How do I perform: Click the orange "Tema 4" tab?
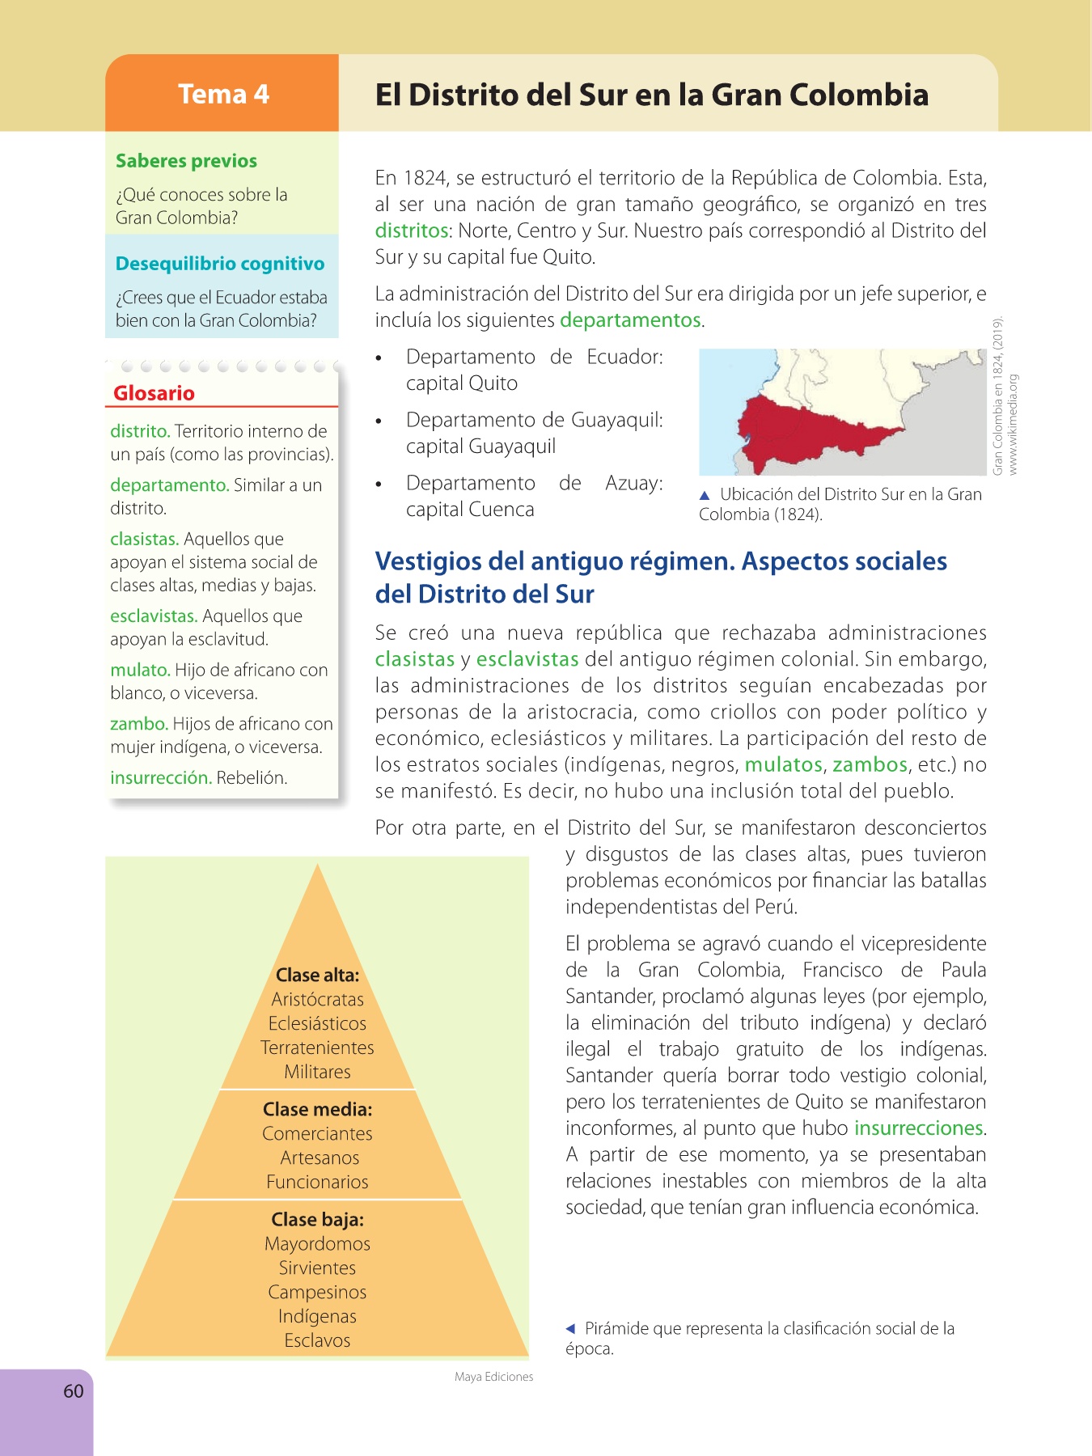click(x=222, y=94)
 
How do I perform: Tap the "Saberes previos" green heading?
click(x=186, y=161)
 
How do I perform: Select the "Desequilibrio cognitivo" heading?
click(x=220, y=264)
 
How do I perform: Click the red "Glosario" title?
click(x=154, y=393)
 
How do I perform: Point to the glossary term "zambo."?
click(x=139, y=724)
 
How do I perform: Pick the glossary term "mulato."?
click(x=140, y=670)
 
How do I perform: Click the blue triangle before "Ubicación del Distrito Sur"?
click(x=705, y=495)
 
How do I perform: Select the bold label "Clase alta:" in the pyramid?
click(x=317, y=976)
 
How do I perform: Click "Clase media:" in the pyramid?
click(x=317, y=1110)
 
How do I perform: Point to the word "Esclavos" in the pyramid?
click(x=317, y=1340)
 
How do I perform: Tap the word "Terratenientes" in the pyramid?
click(x=317, y=1048)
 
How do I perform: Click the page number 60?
click(x=74, y=1391)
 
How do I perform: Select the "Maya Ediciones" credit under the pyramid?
click(x=493, y=1377)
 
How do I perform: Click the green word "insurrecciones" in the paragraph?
click(x=919, y=1128)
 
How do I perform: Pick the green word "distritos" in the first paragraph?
click(x=412, y=231)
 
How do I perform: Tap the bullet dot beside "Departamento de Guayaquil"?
click(x=379, y=421)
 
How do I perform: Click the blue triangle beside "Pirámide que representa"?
click(x=570, y=1328)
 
